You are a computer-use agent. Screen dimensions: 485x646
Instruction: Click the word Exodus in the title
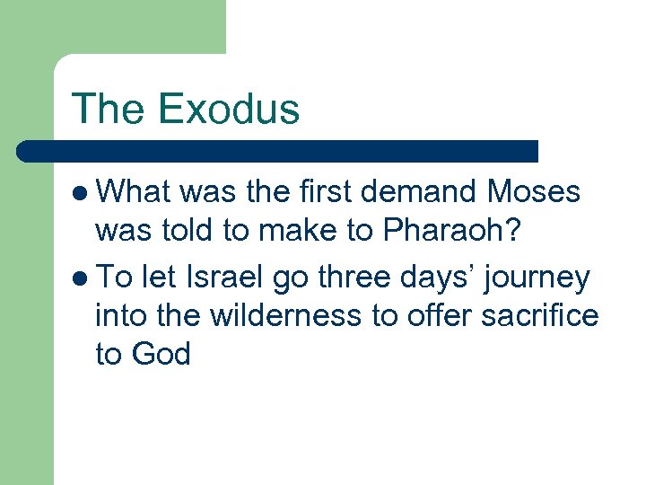(x=228, y=109)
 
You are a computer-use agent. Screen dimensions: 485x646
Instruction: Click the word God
(x=161, y=355)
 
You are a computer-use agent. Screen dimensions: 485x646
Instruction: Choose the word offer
(x=439, y=316)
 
